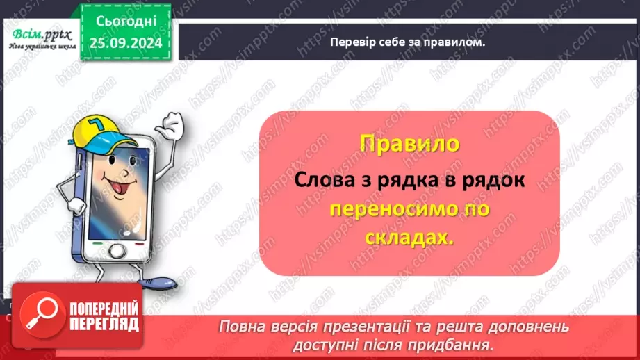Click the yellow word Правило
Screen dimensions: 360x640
pos(409,144)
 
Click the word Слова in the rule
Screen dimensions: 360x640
pos(321,179)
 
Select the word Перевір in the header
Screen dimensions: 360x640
pos(352,41)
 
